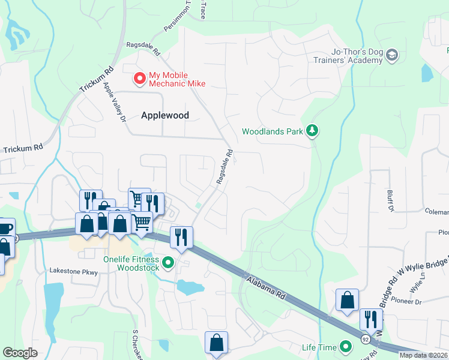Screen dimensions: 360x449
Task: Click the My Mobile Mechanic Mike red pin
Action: pos(139,78)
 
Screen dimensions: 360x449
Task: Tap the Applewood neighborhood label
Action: pos(165,115)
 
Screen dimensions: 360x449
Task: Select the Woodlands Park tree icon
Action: pos(312,130)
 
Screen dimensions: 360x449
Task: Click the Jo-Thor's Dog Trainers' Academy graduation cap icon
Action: pos(393,56)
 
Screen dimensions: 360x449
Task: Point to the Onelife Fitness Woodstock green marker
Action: pos(169,262)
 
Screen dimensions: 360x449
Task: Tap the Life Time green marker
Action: pos(346,347)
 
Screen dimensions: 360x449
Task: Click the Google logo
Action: pos(20,353)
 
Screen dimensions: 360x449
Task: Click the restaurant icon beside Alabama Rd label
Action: pos(181,238)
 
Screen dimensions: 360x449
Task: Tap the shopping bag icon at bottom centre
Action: pos(216,343)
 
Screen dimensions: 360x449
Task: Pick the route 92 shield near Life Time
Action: pos(365,340)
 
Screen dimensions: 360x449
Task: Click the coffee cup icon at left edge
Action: pos(5,229)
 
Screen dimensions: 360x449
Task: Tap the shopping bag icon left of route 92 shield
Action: pos(347,301)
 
